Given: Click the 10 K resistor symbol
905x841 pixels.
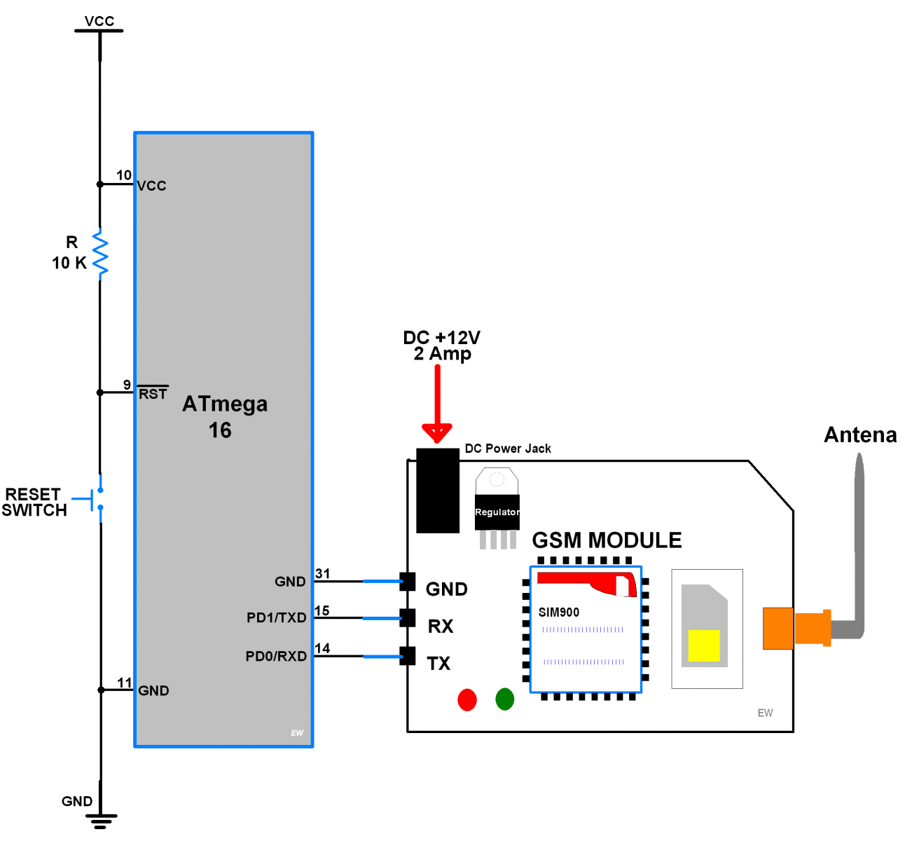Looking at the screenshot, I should tap(100, 254).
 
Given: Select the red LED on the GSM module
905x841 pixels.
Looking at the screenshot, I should tap(467, 699).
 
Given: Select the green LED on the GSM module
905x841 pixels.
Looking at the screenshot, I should tap(504, 699).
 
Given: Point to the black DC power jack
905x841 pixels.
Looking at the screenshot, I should tap(438, 491).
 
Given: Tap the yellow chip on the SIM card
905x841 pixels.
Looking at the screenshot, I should tap(704, 645).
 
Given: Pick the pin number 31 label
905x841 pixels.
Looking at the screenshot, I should tap(322, 573).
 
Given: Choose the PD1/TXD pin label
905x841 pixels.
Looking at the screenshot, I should tap(277, 617).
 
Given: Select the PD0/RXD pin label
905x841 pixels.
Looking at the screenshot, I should tap(276, 656).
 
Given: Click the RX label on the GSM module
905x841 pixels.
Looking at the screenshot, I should tap(441, 627).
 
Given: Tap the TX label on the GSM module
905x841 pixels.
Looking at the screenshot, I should tap(438, 664).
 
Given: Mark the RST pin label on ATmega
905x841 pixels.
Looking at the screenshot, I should tap(153, 394).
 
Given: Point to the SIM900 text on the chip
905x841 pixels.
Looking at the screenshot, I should tap(558, 612).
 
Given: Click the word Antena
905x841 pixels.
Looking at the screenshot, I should tap(860, 435).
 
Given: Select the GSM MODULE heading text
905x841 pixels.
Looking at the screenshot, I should tap(607, 540).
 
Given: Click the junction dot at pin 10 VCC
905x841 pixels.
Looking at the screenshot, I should tap(100, 184).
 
